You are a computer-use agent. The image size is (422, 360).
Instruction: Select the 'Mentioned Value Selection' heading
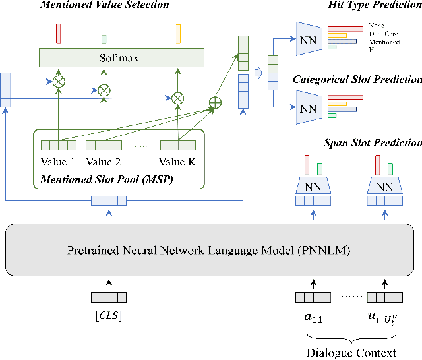pyautogui.click(x=105, y=5)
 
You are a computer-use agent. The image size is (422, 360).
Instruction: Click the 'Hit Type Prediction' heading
pyautogui.click(x=375, y=5)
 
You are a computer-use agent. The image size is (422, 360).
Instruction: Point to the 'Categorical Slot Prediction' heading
pyautogui.click(x=357, y=80)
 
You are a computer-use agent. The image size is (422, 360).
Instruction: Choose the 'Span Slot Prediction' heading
pyautogui.click(x=373, y=143)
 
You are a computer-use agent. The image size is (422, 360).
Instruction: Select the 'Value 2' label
pyautogui.click(x=104, y=162)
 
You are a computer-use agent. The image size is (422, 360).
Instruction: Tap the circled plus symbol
pyautogui.click(x=214, y=103)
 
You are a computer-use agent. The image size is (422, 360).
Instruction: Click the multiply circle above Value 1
pyautogui.click(x=59, y=82)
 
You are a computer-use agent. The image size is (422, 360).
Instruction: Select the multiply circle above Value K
pyautogui.click(x=177, y=98)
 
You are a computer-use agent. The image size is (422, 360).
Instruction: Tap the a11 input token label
pyautogui.click(x=313, y=316)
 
